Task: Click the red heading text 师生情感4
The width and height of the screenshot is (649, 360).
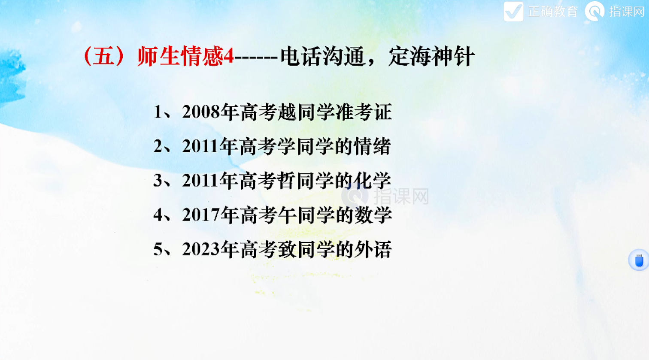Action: click(186, 56)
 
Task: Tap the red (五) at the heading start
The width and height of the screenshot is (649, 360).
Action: click(104, 56)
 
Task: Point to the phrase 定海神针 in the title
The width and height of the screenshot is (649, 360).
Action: click(431, 56)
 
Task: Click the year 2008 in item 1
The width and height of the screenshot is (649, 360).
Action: click(201, 112)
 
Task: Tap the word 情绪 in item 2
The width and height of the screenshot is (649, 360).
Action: click(372, 146)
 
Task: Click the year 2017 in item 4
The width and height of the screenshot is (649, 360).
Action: click(201, 215)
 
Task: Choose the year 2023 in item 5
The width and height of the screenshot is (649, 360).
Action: click(201, 249)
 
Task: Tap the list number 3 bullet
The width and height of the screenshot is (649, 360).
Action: click(158, 180)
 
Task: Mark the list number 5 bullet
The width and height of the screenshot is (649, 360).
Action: click(158, 249)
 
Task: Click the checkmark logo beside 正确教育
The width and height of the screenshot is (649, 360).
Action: click(513, 12)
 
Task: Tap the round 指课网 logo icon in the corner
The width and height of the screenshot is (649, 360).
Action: click(594, 12)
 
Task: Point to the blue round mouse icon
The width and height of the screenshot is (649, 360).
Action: click(639, 260)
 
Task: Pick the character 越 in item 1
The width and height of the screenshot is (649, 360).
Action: click(288, 112)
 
